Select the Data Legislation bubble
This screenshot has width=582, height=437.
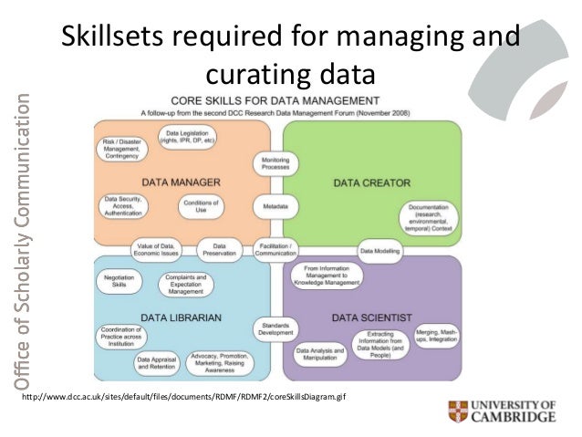(190, 137)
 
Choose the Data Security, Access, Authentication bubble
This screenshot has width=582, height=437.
(123, 205)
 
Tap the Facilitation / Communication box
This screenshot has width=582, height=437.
(275, 247)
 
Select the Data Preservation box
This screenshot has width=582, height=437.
(218, 247)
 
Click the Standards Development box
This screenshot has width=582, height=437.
(275, 328)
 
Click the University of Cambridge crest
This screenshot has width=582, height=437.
(457, 412)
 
